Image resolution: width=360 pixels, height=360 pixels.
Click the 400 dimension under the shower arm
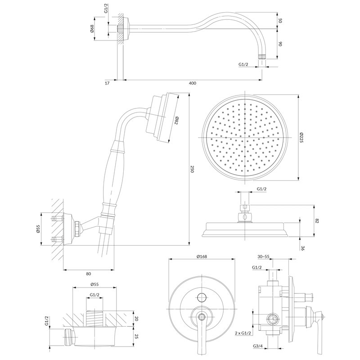click(x=192, y=83)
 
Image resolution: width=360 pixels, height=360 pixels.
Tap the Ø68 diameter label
click(x=92, y=29)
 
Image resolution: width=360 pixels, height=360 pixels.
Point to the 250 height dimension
click(x=192, y=170)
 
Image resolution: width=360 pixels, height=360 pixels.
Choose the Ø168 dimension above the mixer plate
click(x=201, y=257)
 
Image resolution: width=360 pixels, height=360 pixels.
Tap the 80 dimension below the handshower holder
click(x=88, y=273)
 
